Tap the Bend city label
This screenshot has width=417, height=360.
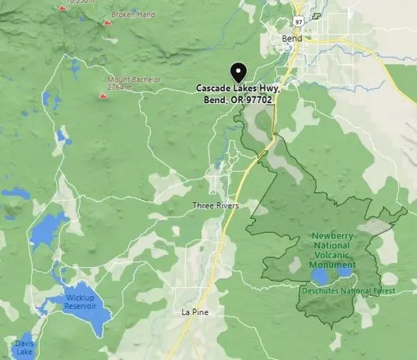292,39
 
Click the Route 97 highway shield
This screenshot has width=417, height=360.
298,22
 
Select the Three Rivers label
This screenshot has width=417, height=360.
215,206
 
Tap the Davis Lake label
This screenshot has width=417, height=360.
24,348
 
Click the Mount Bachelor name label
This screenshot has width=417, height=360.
134,80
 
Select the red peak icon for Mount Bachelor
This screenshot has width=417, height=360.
103,96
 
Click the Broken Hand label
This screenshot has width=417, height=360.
133,15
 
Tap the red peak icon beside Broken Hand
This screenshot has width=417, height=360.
107,23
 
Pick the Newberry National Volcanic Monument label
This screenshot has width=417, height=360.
332,250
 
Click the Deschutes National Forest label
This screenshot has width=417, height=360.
348,291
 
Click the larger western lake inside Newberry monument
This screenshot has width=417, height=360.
319,277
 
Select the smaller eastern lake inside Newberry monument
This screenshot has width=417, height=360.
344,272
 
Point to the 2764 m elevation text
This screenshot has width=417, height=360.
124,88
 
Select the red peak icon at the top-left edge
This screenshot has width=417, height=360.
62,8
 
